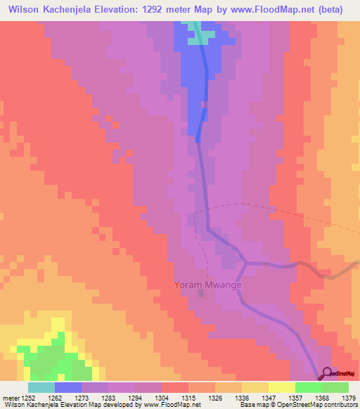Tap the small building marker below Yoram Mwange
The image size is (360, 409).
(202, 294)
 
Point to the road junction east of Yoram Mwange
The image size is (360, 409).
(245, 263)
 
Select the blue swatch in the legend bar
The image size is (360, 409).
(68, 387)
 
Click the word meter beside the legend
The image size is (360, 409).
(11, 397)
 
